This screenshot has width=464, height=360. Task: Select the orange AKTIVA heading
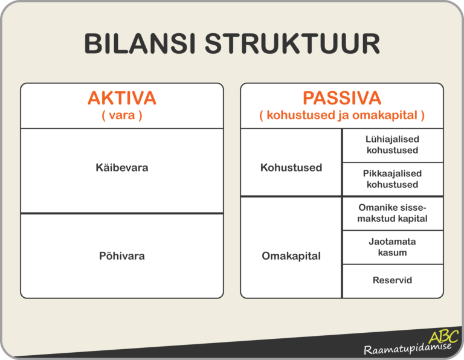point(121,98)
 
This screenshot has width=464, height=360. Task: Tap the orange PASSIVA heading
point(341,98)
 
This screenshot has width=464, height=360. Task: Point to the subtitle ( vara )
point(121,115)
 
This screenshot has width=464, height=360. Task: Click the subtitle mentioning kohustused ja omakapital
point(341,115)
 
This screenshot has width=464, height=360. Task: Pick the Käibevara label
point(121,167)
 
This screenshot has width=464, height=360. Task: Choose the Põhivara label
point(121,256)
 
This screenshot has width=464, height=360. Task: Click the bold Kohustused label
point(291,167)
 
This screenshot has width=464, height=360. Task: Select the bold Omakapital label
point(291,256)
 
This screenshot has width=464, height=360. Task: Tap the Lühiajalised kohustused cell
point(392,145)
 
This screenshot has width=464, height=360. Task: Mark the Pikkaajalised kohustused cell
point(392,179)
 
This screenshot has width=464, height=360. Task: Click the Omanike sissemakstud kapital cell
point(392,213)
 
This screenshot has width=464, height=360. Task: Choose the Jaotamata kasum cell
point(392,247)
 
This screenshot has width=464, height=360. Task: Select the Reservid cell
point(392,281)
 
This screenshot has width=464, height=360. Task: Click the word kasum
point(392,252)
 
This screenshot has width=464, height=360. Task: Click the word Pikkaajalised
point(392,173)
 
